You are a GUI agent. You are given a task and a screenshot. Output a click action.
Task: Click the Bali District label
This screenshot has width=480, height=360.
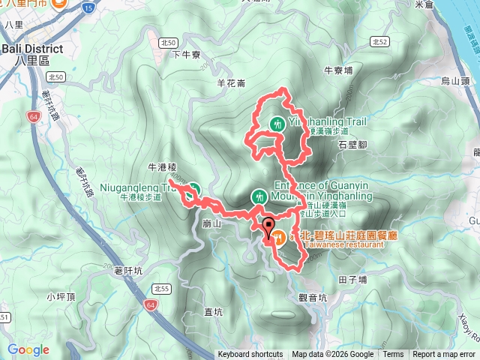[x=31, y=48]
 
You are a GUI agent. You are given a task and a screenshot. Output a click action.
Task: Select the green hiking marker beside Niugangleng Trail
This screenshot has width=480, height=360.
[x=193, y=189]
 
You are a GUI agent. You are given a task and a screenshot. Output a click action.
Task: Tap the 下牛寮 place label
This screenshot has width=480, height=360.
[x=186, y=54]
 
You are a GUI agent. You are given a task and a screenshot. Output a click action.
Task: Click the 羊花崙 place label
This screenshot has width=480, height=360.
[x=230, y=83]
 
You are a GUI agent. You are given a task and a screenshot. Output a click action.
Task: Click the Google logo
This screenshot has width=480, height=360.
[x=28, y=349]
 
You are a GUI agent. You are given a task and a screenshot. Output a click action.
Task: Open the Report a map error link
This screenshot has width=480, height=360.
[x=443, y=355]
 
